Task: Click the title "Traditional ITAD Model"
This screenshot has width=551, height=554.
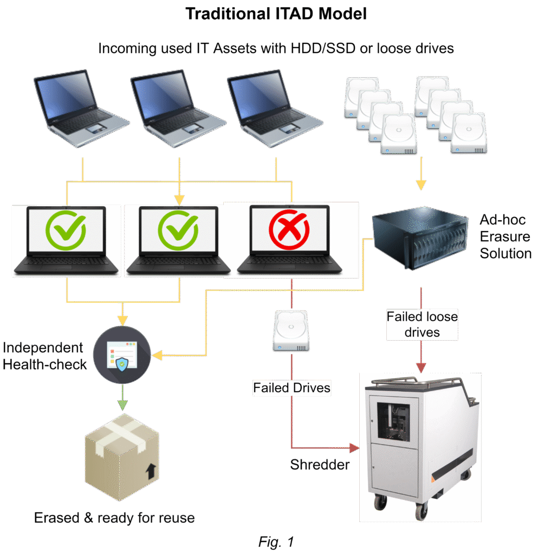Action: point(276,14)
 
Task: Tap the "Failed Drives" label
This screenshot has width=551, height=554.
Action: point(291,388)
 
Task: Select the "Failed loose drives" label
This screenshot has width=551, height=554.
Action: point(422,324)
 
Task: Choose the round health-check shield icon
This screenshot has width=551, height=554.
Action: point(122,354)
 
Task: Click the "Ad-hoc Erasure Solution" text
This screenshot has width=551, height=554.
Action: point(505,236)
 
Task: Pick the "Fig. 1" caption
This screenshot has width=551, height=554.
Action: point(276,542)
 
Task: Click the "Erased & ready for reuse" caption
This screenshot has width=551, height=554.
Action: point(114,518)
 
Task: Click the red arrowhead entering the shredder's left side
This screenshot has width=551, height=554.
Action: point(355,448)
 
